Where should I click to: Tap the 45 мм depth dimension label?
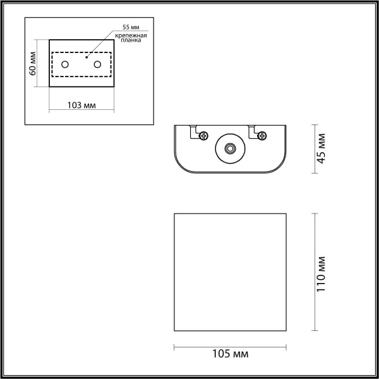point(322,148)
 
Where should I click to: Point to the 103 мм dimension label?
point(81,105)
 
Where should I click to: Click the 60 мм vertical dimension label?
point(33,64)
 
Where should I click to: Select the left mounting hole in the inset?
point(64,64)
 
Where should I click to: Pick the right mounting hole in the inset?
point(97,64)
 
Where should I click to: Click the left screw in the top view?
point(203,134)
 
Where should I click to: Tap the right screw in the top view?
point(261,134)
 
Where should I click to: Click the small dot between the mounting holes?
point(85,58)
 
